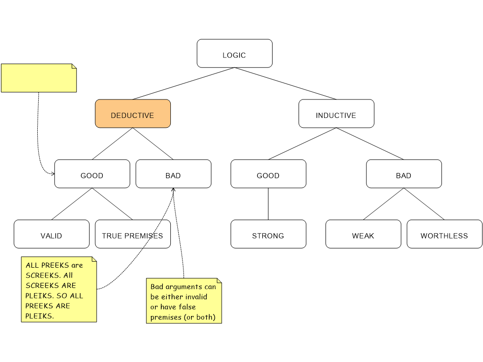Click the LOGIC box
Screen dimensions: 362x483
tap(234, 54)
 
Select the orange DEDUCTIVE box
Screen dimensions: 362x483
tap(133, 114)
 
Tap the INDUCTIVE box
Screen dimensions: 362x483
tap(336, 114)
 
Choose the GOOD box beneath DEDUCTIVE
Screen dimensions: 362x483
tap(92, 174)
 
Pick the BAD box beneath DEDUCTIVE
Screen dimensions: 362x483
tap(173, 174)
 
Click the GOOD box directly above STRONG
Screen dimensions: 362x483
tap(268, 174)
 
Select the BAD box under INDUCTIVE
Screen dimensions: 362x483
tap(404, 174)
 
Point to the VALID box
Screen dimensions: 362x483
tap(51, 234)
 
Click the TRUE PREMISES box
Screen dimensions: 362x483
tap(123, 234)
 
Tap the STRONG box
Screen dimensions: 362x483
tap(268, 234)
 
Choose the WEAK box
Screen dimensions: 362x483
tap(363, 234)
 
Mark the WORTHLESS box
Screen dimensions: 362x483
tap(444, 234)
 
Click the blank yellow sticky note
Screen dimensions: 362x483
tap(39, 78)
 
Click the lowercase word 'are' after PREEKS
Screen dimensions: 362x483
tap(77, 265)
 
